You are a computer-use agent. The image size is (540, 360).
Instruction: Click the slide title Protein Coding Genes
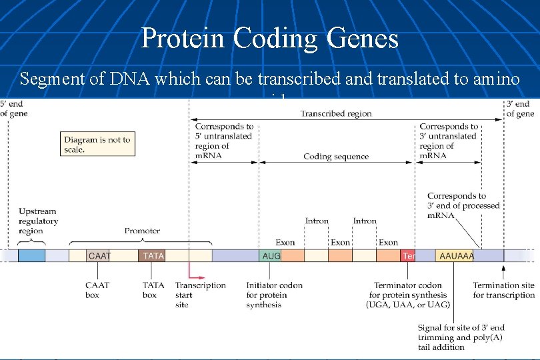(269, 38)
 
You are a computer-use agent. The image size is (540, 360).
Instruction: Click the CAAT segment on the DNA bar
(98, 255)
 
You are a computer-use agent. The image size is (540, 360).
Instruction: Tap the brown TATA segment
(153, 255)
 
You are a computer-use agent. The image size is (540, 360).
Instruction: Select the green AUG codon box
(270, 255)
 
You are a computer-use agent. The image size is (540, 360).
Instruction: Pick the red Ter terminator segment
(408, 255)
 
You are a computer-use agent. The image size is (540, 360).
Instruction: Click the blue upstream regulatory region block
(31, 255)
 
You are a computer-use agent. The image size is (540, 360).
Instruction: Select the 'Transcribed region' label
(336, 113)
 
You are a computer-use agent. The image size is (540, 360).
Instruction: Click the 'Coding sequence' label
(336, 157)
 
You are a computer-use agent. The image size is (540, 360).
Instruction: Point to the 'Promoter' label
(142, 231)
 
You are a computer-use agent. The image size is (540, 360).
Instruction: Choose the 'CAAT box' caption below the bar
(97, 290)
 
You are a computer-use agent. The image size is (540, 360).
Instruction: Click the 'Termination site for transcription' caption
(503, 290)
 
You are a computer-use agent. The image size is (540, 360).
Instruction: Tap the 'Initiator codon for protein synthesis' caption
(274, 295)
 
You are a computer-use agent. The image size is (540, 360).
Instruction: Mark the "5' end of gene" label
(14, 109)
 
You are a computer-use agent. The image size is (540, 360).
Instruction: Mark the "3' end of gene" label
(520, 109)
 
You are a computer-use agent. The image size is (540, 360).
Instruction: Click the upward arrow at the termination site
(503, 269)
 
